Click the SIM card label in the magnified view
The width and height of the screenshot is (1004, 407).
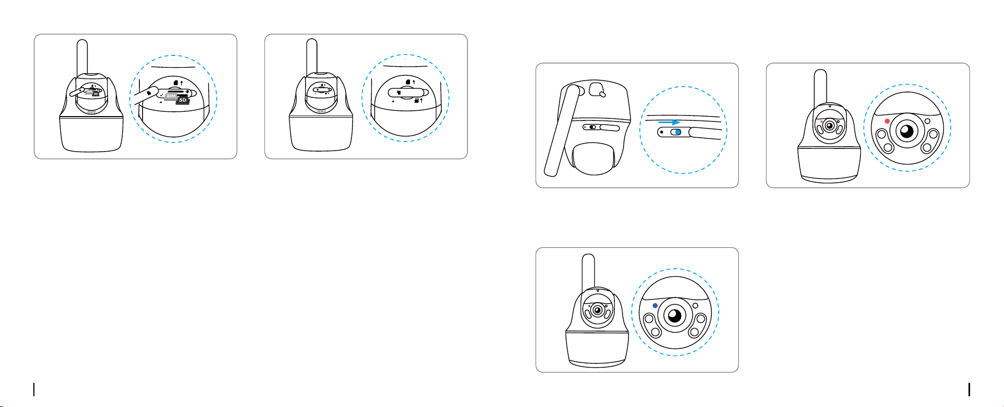point(171,95)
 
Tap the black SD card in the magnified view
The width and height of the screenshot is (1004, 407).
point(183,99)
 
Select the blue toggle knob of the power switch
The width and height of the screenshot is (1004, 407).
point(678,132)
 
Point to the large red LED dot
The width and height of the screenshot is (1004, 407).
point(887,121)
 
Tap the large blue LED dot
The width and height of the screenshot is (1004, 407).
point(655,305)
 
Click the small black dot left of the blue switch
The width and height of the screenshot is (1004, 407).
point(661,132)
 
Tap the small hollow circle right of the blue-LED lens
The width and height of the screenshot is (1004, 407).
point(695,305)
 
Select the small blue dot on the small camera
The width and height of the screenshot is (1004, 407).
point(590,306)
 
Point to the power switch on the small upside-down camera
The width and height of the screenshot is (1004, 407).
point(592,127)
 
